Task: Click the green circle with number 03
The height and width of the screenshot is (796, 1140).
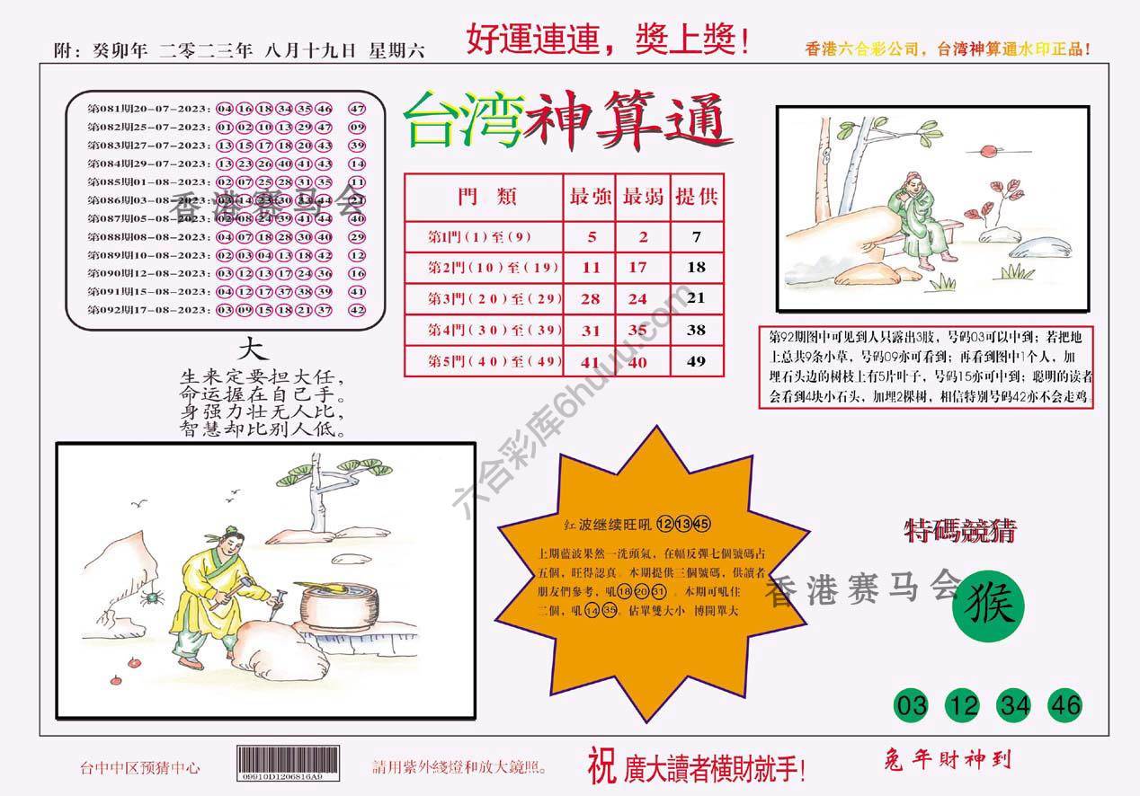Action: point(912,705)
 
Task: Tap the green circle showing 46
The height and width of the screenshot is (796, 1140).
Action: point(1064,705)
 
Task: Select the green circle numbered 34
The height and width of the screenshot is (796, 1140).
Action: point(1014,705)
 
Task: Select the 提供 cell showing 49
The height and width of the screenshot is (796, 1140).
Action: point(696,361)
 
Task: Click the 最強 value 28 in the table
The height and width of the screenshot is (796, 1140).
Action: point(591,298)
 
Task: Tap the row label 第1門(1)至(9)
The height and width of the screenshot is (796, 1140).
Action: point(480,237)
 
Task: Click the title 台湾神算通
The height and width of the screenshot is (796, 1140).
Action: point(568,122)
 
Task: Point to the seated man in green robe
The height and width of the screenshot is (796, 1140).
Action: point(913,220)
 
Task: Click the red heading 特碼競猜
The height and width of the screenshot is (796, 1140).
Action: point(960,532)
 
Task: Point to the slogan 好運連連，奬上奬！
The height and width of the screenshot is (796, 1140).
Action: point(608,40)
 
